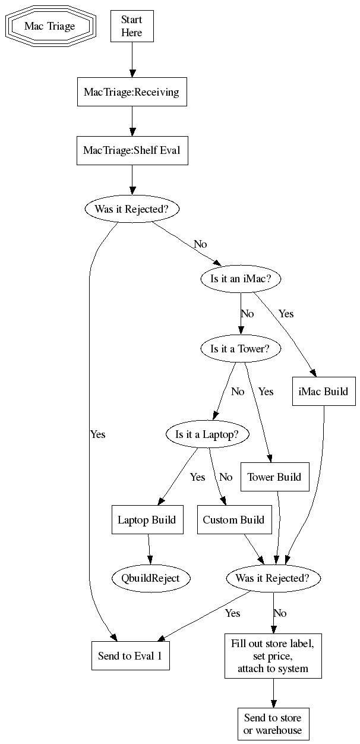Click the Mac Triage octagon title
(50, 27)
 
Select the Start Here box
(132, 27)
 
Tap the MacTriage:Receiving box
(132, 92)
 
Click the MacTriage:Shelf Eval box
(132, 151)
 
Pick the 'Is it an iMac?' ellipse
(241, 278)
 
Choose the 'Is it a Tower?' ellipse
(241, 349)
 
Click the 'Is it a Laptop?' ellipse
(207, 434)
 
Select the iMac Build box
(324, 392)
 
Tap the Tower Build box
(274, 477)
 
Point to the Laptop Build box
(147, 520)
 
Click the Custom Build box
(233, 520)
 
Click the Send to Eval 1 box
(130, 656)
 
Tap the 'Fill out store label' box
(273, 657)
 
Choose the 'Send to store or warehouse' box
(273, 724)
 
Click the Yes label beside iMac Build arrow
(286, 313)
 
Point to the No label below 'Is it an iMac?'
(247, 313)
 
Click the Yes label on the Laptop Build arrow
(197, 477)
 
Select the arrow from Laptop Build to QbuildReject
(149, 549)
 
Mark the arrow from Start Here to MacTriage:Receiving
(132, 59)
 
